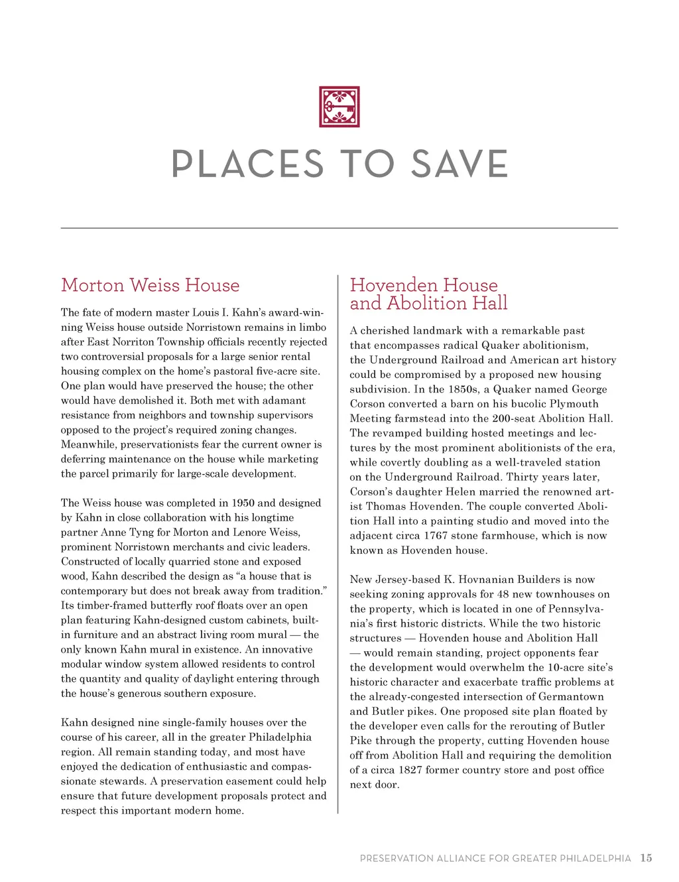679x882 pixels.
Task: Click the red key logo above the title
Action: [339, 106]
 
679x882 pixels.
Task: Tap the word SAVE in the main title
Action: [460, 164]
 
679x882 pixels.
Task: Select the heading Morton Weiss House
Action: [150, 285]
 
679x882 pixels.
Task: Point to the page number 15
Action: [646, 858]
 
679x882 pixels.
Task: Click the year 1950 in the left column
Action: [243, 503]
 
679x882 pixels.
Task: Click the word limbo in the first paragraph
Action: [311, 327]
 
